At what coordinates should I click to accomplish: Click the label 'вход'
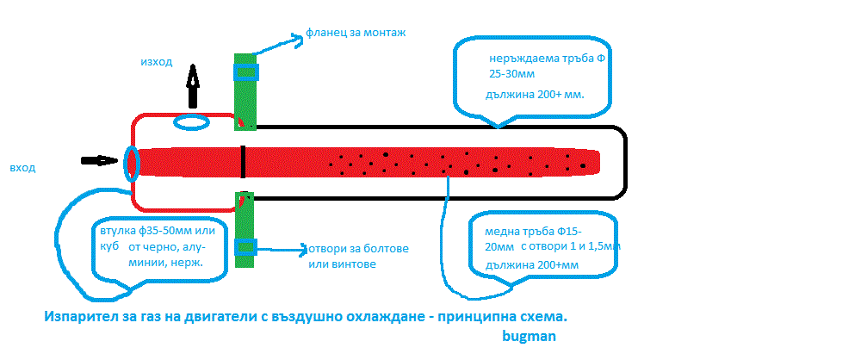[22, 167]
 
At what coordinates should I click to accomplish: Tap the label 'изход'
[157, 62]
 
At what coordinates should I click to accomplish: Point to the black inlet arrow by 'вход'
[99, 161]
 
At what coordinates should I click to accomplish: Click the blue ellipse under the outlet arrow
[191, 123]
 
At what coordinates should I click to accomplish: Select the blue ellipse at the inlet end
[131, 163]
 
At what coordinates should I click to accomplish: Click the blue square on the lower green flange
[247, 247]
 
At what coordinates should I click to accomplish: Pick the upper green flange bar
[247, 90]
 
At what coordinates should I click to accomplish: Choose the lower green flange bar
[247, 228]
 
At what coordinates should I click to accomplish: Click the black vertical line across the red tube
[244, 160]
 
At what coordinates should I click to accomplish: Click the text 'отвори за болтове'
[355, 249]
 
